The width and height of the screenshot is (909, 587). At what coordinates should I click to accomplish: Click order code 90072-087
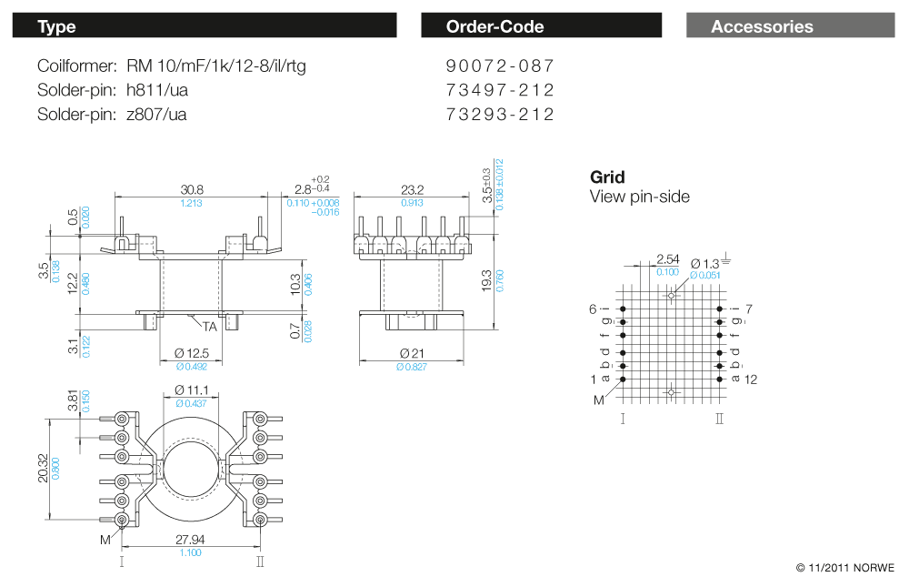point(500,66)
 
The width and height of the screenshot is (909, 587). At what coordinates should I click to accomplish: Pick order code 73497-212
point(500,90)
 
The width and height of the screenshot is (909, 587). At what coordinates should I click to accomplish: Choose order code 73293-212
point(500,115)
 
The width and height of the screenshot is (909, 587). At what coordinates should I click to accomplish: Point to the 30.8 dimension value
point(192,189)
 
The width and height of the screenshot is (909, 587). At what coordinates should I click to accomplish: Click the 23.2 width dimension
point(412,189)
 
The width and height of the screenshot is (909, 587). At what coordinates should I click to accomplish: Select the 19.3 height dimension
point(487,279)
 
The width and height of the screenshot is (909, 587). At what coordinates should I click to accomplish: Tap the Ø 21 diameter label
point(412,353)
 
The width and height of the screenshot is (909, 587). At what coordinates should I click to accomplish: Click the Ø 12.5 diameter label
point(191,353)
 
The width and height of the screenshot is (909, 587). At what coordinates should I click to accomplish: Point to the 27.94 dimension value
point(191,540)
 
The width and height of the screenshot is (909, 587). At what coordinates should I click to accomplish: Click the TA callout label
point(209,326)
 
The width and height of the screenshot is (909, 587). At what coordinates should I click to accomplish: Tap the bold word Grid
point(607,177)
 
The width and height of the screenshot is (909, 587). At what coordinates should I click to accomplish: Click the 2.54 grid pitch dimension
point(666,259)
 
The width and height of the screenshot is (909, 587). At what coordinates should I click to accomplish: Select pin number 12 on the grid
point(751,379)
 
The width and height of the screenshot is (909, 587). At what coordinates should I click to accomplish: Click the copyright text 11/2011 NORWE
point(845,568)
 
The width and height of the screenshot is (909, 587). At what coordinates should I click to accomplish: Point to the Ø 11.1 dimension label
point(191,390)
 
